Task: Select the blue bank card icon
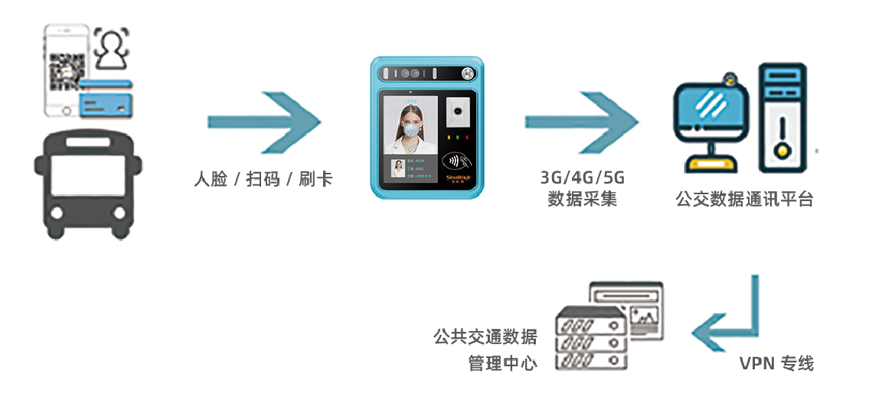(x=106, y=95)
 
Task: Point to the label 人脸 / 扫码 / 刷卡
(x=263, y=180)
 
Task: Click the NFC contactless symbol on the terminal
(x=457, y=162)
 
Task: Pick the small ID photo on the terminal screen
(x=398, y=172)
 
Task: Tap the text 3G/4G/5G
(x=583, y=178)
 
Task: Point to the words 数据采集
(x=583, y=200)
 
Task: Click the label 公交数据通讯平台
(x=744, y=200)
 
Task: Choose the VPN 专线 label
(x=776, y=363)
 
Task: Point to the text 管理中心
(x=502, y=362)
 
